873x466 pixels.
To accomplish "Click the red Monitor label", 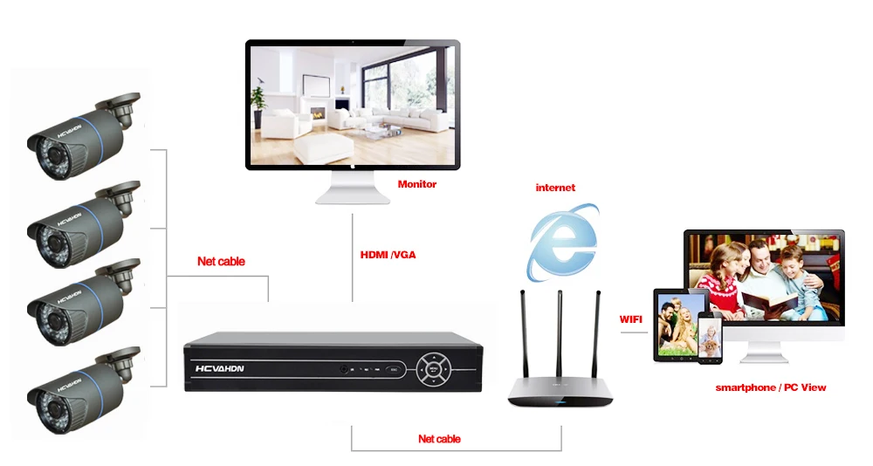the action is [417, 184].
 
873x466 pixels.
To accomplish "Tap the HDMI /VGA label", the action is [388, 255].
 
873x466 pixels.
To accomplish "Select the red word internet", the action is [555, 188].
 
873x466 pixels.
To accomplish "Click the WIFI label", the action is [631, 319].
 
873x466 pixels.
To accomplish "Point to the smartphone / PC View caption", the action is [771, 387].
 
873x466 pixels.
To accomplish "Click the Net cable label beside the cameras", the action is [221, 261].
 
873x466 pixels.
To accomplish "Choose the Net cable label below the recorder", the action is [439, 439].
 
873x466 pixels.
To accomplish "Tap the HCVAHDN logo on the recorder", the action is [219, 368].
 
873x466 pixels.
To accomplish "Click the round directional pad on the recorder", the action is [433, 368].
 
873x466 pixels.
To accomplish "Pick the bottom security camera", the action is [84, 391].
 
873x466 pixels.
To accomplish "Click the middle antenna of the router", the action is [560, 333].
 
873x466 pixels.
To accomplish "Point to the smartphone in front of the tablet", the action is [710, 338].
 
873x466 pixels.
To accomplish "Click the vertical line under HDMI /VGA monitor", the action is [353, 257].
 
